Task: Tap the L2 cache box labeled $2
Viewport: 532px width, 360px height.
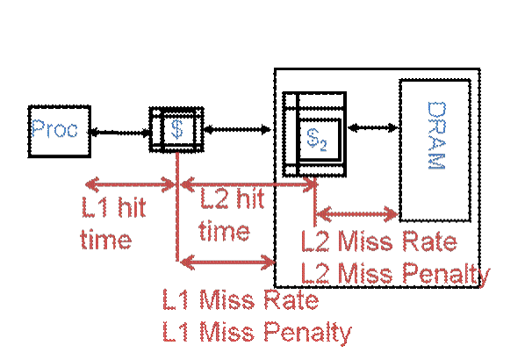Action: [315, 135]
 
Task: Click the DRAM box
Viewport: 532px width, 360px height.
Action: [435, 149]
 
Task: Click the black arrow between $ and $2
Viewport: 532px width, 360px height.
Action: [237, 130]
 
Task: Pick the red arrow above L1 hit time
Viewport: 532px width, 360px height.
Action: [132, 184]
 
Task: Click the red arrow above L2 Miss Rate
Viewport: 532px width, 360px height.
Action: [357, 212]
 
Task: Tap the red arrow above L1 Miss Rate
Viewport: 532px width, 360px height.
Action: [226, 260]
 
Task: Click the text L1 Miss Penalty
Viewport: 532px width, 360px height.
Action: [257, 333]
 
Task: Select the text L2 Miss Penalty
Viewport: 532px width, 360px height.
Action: [395, 274]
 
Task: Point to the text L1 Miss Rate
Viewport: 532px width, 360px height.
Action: [240, 301]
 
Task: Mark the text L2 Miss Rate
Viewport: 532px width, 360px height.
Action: [378, 241]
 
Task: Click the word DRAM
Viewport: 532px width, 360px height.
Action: [436, 139]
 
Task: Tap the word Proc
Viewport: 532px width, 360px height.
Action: [54, 130]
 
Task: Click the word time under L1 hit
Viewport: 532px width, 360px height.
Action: [106, 239]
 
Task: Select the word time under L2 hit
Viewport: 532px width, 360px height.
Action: [224, 231]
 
